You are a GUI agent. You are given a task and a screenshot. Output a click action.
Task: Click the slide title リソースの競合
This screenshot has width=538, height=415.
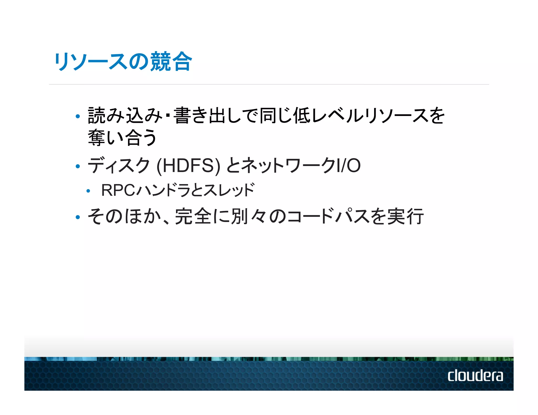(123, 62)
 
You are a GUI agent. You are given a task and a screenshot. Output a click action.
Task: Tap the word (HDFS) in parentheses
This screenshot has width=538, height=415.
(188, 166)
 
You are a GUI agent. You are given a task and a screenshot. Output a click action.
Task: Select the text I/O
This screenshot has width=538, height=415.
(349, 166)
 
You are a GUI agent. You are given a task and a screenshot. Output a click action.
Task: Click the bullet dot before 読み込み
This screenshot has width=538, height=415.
(77, 116)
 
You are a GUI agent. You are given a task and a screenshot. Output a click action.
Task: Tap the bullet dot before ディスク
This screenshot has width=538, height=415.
(77, 166)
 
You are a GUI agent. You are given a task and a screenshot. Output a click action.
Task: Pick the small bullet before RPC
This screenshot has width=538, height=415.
(88, 191)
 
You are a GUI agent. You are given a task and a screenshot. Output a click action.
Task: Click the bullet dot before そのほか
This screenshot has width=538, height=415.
(77, 217)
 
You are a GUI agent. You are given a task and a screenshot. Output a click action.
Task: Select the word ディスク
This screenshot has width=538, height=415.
(119, 166)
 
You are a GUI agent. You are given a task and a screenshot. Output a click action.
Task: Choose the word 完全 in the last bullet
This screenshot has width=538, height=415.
(193, 216)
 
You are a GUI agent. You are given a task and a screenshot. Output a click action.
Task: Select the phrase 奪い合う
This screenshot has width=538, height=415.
(122, 138)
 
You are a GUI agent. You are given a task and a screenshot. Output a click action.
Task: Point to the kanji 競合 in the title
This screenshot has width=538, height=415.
(171, 62)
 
